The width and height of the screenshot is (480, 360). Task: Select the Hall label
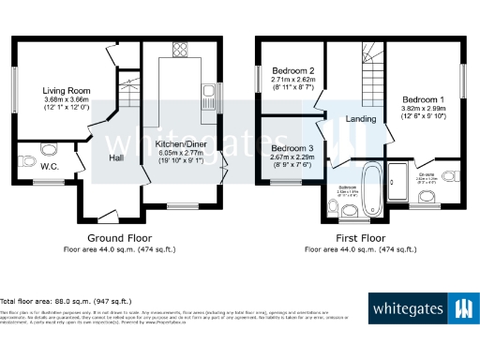[x=116, y=158]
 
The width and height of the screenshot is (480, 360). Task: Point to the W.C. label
[x=51, y=168]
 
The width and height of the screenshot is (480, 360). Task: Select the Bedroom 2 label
[x=292, y=70]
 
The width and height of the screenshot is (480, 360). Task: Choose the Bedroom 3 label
[x=292, y=147]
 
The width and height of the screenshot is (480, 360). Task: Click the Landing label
[x=361, y=119]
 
